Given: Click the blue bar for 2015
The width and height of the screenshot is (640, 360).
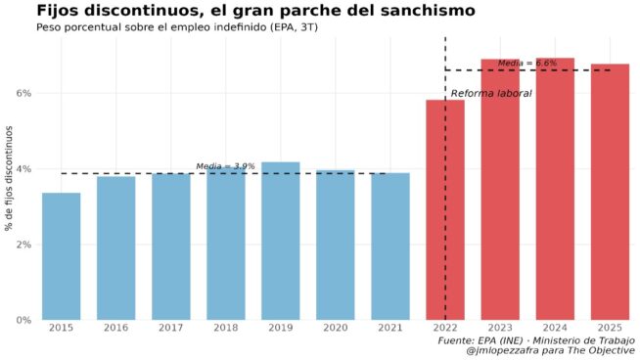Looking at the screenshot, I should coord(61,256).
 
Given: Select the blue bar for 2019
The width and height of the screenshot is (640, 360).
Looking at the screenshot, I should coord(280,241).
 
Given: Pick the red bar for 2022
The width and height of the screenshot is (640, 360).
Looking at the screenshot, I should coord(444,209).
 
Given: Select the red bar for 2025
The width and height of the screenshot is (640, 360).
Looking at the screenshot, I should coord(610,192).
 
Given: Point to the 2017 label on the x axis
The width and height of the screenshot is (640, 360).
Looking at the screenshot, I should coord(170,328).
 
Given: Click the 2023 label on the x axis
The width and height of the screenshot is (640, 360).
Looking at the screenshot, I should coord(500,328).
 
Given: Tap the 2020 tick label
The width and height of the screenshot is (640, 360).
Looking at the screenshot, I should coord(335,328).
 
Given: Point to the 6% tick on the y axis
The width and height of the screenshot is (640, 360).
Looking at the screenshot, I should coord(23,93).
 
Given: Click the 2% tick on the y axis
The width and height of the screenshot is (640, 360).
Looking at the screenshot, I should coord(23,245).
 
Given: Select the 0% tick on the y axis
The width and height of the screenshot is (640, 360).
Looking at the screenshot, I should coord(23,320).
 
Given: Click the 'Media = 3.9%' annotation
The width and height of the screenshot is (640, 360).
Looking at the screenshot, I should coord(225,166).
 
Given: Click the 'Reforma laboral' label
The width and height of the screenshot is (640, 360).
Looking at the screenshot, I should coord(491,93).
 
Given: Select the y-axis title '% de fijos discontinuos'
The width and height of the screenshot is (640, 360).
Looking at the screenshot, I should coord(9,179).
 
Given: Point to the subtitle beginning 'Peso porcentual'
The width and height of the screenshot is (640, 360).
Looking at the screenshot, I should coord(176,26).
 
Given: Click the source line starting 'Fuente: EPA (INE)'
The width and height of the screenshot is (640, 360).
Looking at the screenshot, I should coord(535,339).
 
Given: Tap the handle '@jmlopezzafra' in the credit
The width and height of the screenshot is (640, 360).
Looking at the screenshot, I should coord(507,350).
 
